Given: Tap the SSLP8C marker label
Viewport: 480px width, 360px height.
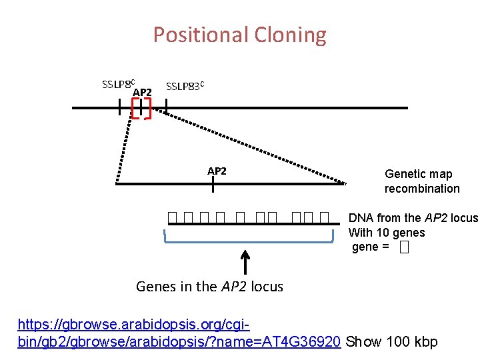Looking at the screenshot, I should [117, 84].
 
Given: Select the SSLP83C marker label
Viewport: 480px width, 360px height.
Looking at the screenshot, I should [185, 86].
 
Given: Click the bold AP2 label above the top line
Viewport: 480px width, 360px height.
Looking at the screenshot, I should [143, 92].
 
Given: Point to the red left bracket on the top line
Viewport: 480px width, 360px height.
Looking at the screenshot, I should [135, 107].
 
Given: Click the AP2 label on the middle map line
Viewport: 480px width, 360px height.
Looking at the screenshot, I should [217, 171].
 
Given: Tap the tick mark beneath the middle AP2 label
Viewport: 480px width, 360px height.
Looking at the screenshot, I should [213, 184].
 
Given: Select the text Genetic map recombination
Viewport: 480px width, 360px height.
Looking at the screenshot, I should [421, 181].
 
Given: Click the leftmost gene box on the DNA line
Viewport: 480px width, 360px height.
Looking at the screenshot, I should [173, 217].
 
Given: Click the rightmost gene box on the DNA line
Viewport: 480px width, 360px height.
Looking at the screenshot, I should [325, 217].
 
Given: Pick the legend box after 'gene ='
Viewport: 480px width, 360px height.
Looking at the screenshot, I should [403, 248].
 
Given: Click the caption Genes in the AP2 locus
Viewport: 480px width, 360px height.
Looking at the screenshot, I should [209, 287].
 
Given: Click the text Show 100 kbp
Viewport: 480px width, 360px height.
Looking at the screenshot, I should [393, 342].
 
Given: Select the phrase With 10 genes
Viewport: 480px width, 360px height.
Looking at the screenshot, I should [387, 233].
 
